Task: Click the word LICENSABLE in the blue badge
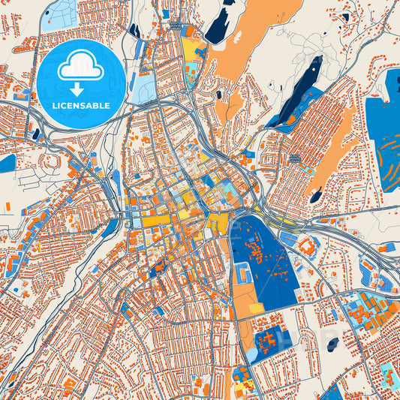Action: [81, 105]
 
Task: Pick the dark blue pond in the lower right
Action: [332, 344]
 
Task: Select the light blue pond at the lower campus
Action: [253, 353]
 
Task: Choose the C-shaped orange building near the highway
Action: [306, 245]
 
